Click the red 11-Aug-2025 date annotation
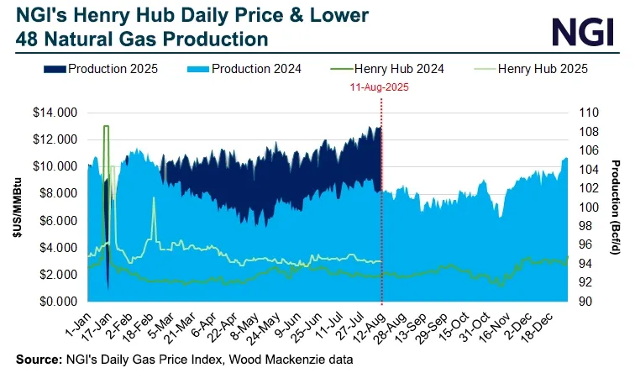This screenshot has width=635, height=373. (381, 87)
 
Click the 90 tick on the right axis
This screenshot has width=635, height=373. (582, 302)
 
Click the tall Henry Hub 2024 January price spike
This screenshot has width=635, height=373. (106, 128)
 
